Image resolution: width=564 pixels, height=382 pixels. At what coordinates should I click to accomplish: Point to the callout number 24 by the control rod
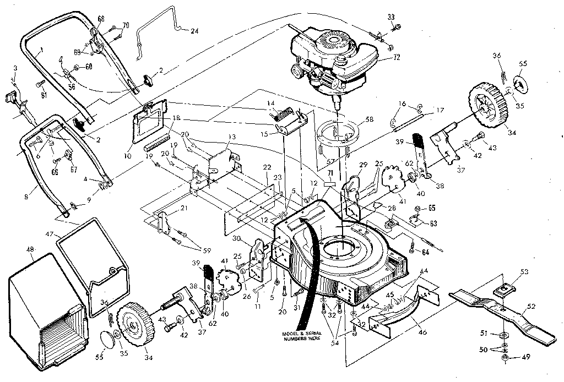point(194,31)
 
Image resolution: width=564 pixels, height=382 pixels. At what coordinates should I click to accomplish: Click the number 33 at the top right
point(392,17)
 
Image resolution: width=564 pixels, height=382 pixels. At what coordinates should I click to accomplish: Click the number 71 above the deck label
point(330,173)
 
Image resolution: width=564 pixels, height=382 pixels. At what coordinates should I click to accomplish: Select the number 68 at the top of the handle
point(101,18)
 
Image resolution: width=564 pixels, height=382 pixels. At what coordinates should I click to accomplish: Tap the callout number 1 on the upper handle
point(41,48)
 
